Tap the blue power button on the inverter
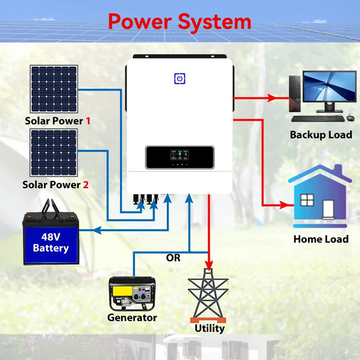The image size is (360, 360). click(x=180, y=79)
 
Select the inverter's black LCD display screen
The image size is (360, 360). click(x=180, y=157)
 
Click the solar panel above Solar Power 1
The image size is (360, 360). click(x=54, y=89)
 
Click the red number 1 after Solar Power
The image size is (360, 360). click(x=88, y=121)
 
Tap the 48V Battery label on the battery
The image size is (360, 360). click(x=51, y=243)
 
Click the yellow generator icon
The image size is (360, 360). click(x=132, y=293)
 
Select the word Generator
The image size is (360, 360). click(x=132, y=317)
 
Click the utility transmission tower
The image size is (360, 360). click(x=208, y=294)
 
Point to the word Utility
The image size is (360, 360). click(x=209, y=328)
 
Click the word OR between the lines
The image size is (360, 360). click(x=173, y=258)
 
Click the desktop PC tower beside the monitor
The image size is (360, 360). click(x=295, y=93)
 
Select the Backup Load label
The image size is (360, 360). click(x=321, y=135)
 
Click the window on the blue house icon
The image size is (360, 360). click(x=307, y=200)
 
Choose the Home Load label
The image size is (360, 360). click(x=321, y=239)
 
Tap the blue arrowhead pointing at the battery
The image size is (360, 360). click(x=97, y=230)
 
